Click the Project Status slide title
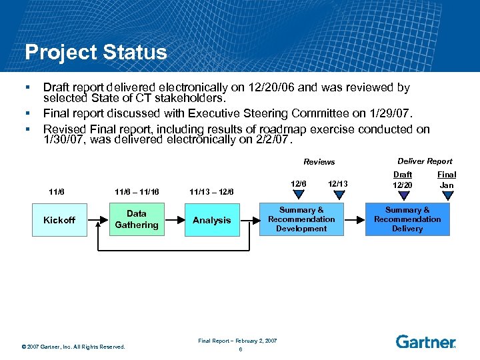[95, 52]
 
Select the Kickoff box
[59, 220]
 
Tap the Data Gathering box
[137, 219]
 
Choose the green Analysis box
[211, 220]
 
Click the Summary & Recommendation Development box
[301, 219]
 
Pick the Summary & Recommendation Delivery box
[407, 219]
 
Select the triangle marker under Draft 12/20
[403, 195]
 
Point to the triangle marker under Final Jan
[447, 195]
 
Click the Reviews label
[319, 162]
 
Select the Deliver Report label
[425, 161]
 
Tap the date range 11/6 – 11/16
[137, 192]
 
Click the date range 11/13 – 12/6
[211, 192]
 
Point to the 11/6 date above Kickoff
[57, 192]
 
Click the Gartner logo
[425, 341]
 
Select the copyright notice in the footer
[73, 346]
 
